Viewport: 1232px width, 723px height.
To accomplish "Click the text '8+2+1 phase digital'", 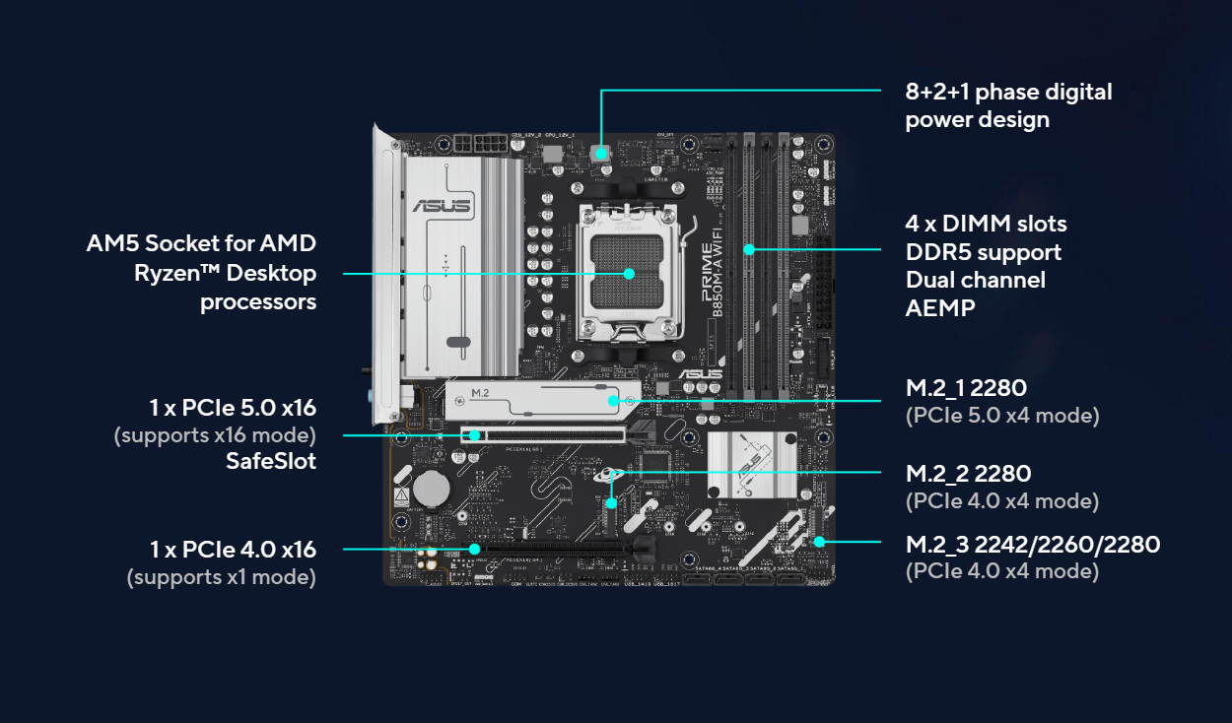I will pos(1008,93).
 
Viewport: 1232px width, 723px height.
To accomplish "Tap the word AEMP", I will pos(940,307).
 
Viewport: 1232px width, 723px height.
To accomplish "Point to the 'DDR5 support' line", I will pos(984,252).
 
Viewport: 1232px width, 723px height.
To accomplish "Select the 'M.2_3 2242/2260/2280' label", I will pos(1032,545).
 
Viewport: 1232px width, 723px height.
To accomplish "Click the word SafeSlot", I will pos(271,460).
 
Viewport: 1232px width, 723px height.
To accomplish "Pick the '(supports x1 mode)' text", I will pos(221,576).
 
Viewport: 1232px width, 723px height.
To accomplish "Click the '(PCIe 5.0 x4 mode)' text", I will pos(1001,415).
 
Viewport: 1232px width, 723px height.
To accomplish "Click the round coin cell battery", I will pos(431,487).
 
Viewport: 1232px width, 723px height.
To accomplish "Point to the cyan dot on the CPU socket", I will pos(629,273).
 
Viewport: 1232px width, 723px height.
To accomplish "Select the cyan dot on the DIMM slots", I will pos(748,249).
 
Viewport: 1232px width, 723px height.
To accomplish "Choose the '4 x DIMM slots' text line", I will pos(986,224).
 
